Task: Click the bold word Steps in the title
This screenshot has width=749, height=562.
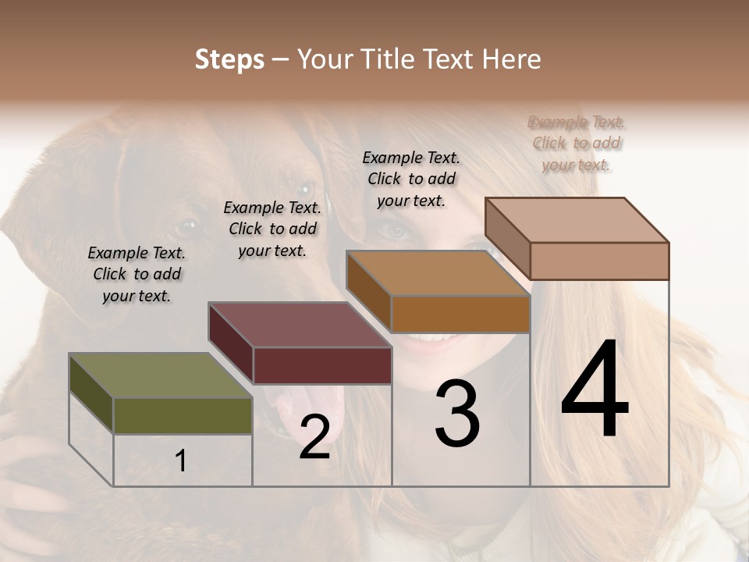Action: [229, 59]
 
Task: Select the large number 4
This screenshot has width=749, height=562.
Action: [595, 390]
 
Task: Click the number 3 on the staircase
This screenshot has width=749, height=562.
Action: [457, 414]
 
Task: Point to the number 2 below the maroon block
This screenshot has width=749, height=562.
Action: [314, 437]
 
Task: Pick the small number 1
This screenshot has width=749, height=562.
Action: [181, 461]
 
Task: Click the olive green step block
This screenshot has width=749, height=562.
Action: [183, 414]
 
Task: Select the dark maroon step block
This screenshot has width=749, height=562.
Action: [321, 364]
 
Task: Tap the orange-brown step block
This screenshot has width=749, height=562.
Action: [460, 313]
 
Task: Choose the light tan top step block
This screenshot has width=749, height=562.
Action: [598, 260]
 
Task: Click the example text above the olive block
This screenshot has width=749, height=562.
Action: [137, 274]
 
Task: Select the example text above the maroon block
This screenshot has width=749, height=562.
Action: [272, 229]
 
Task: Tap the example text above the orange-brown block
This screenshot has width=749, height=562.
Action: [411, 179]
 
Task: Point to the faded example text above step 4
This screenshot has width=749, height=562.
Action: [577, 143]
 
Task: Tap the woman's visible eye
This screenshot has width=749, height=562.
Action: [396, 229]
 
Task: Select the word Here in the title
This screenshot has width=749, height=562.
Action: [511, 59]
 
